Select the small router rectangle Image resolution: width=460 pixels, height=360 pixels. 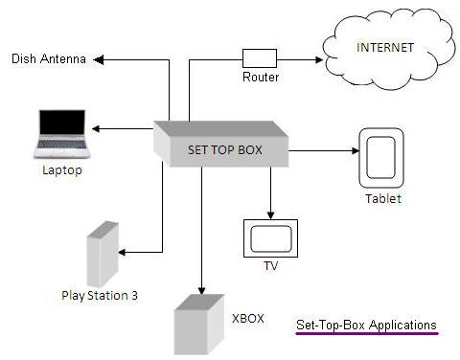[260, 57]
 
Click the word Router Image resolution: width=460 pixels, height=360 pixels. [260, 78]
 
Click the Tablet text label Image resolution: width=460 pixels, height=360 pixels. [382, 199]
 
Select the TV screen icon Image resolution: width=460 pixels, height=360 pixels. [269, 236]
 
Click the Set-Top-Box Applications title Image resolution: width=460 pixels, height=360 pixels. [365, 325]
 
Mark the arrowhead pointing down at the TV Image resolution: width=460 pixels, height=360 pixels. [270, 214]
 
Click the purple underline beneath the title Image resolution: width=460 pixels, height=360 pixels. [365, 335]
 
